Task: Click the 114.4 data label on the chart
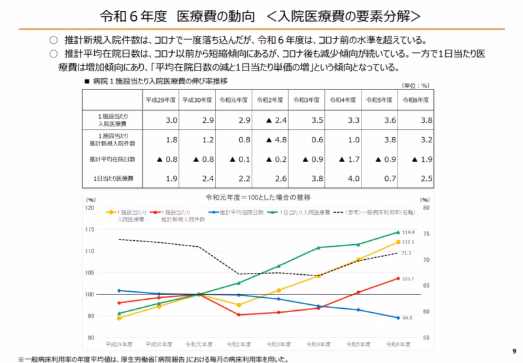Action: [x=409, y=232]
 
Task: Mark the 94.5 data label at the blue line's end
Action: [x=407, y=318]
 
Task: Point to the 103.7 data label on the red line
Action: [x=407, y=279]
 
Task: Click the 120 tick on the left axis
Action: [x=92, y=208]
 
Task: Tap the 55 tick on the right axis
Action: [x=425, y=338]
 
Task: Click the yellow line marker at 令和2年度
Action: [x=239, y=305]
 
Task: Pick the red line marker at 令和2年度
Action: [x=239, y=315]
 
